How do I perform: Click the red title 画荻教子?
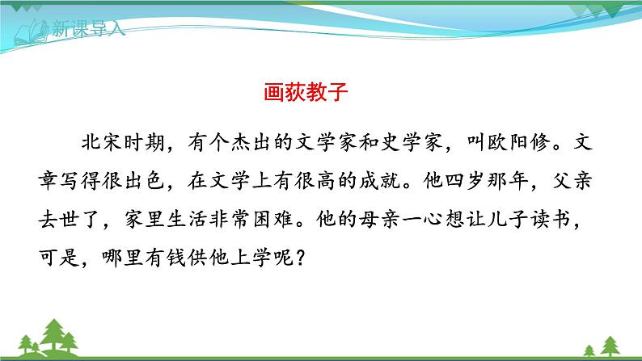point(306,91)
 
